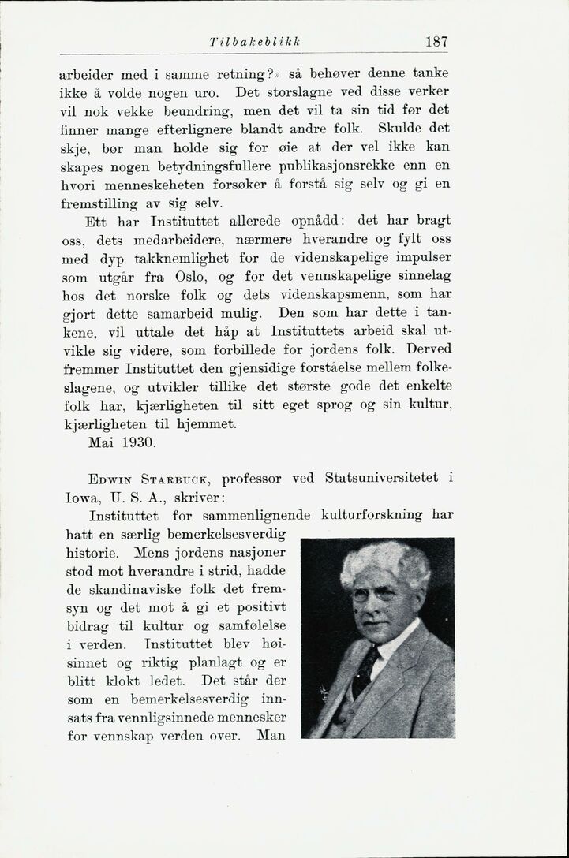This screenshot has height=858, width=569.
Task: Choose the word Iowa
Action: tap(77, 498)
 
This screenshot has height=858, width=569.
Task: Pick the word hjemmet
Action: tap(208, 424)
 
